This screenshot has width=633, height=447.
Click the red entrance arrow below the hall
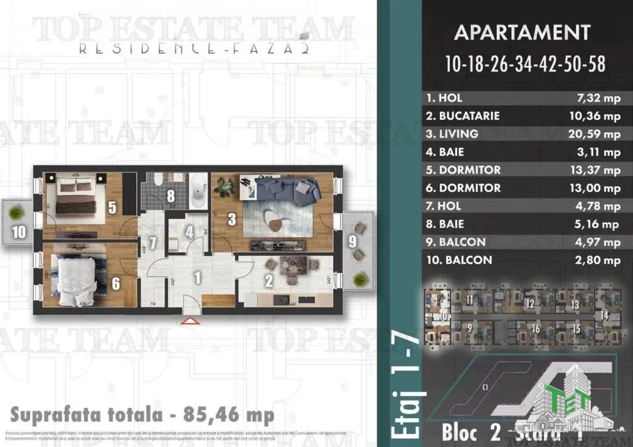point(189,320)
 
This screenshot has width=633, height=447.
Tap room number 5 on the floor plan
point(112,207)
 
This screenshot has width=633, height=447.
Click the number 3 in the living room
point(231,218)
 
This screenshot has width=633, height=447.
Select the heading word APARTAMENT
point(522,32)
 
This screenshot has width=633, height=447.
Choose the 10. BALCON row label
point(459,260)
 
